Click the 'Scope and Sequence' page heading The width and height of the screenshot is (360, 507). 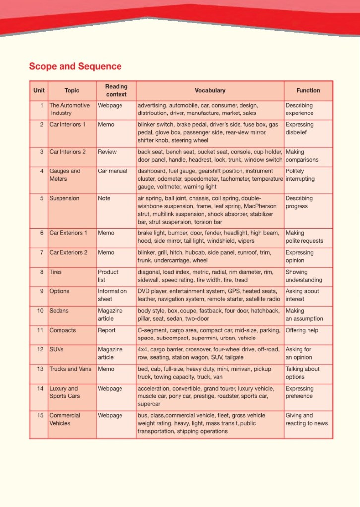(x=75, y=66)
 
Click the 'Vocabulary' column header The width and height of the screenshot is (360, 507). (x=210, y=91)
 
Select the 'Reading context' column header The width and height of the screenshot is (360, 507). (x=116, y=90)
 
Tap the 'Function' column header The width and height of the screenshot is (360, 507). (x=308, y=91)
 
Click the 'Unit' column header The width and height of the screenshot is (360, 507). (x=39, y=91)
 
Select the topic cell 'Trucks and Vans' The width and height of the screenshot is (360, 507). (x=70, y=369)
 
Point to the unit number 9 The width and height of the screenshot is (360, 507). (x=42, y=291)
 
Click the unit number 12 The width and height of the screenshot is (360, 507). (x=40, y=350)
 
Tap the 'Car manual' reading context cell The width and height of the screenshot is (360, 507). (x=113, y=171)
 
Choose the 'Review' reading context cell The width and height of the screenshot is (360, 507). (x=107, y=152)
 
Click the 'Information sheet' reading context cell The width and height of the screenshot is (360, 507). (x=112, y=295)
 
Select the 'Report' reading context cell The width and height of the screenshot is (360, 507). (x=107, y=331)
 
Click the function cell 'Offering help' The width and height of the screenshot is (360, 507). (x=302, y=331)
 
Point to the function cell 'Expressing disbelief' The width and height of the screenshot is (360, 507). (x=300, y=129)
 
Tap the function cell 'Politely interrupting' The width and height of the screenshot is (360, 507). (x=300, y=175)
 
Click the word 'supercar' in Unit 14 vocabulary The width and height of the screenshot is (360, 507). (x=149, y=404)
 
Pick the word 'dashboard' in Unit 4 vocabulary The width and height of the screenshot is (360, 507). (x=152, y=171)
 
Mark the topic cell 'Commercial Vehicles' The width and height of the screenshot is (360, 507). (x=64, y=419)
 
